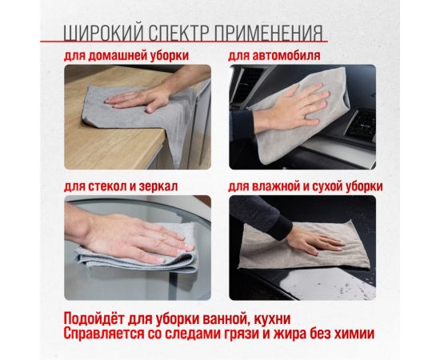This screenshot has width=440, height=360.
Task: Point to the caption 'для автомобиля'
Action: tap(274, 56)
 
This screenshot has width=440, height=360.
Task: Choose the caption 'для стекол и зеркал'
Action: tap(122, 186)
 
